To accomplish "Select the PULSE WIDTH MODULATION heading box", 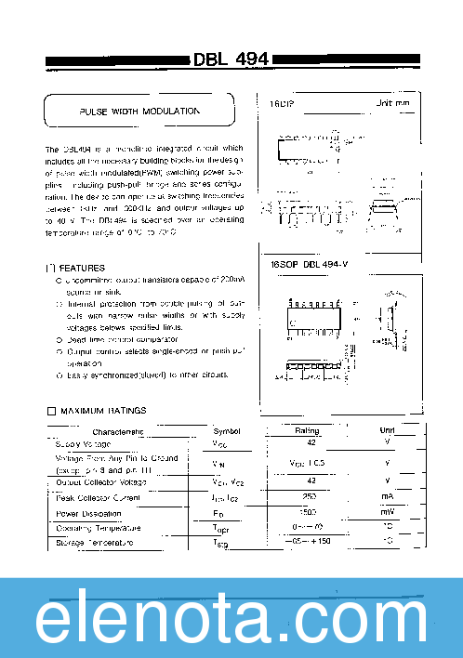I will point(139,111).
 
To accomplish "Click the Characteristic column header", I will point(118,431).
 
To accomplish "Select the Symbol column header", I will point(226,431).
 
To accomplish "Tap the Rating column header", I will point(307,430).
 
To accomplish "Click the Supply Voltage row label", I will point(84,444).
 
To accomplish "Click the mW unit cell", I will point(387,513).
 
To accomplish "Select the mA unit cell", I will point(387,497).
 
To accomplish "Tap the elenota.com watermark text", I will point(231,618).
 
